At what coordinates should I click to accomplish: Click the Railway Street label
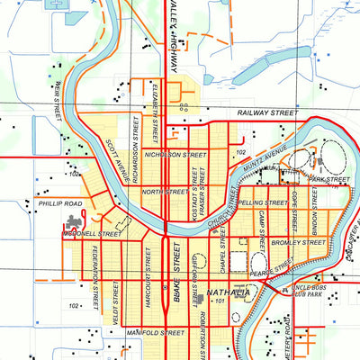(x=266, y=113)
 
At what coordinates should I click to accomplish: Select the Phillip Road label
(x=60, y=204)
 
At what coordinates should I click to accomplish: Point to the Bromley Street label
(x=302, y=242)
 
